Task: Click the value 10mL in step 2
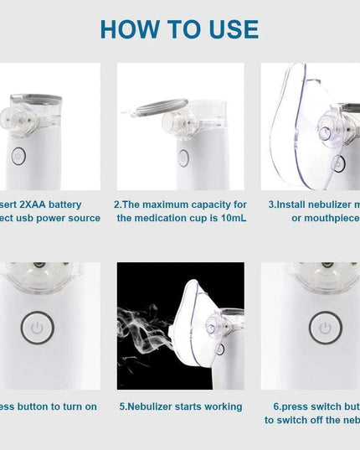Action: pos(229,219)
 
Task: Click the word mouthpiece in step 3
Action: pos(332,219)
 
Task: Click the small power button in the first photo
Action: pos(19,157)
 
